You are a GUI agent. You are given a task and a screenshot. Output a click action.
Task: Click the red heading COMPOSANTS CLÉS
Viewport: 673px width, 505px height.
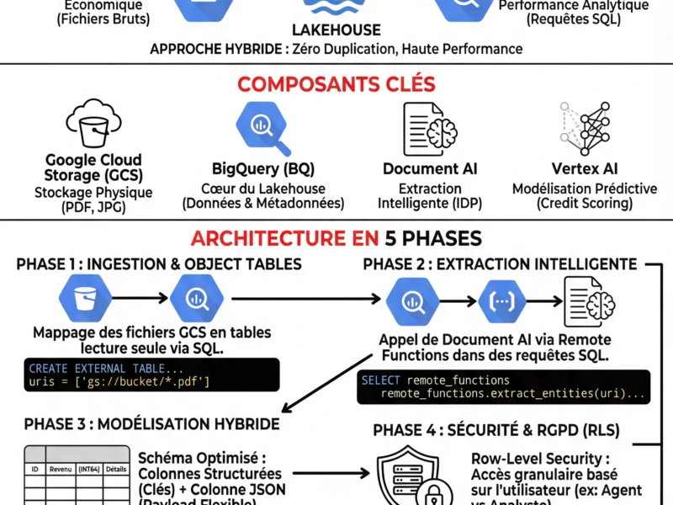click(336, 84)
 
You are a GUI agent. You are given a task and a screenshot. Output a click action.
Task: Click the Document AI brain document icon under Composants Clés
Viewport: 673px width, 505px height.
click(430, 129)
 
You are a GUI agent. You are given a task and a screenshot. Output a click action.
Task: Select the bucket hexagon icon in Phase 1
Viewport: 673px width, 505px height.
click(84, 299)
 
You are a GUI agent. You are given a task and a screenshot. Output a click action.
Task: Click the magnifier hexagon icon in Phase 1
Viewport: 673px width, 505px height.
click(196, 299)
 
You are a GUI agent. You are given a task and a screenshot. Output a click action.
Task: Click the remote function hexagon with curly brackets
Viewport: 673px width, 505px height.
click(502, 299)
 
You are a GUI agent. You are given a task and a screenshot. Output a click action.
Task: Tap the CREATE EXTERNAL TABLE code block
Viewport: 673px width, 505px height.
click(151, 375)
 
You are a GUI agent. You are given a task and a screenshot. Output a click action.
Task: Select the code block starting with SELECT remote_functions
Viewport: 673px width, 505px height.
click(505, 386)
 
